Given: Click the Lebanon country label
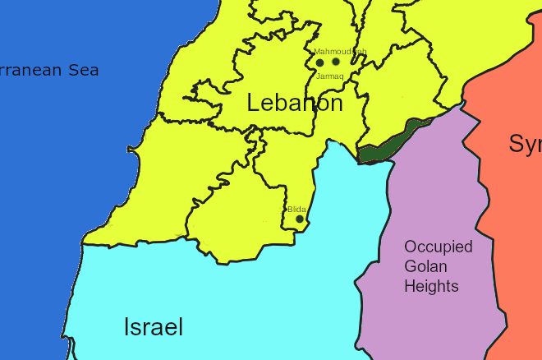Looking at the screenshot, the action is pyautogui.click(x=295, y=104).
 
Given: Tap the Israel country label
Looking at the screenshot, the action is pyautogui.click(x=153, y=327).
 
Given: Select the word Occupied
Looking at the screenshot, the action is pyautogui.click(x=438, y=247).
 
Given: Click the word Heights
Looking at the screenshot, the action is pyautogui.click(x=430, y=286).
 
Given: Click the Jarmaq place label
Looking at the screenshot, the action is pyautogui.click(x=329, y=76).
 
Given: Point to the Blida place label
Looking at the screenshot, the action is pyautogui.click(x=296, y=210).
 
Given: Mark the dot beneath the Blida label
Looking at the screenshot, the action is pyautogui.click(x=300, y=219).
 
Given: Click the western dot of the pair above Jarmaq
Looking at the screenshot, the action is pyautogui.click(x=319, y=62).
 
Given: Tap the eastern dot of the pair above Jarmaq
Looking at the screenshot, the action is pyautogui.click(x=335, y=62).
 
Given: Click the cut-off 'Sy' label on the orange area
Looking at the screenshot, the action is pyautogui.click(x=525, y=144).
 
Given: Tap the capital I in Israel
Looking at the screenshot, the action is pyautogui.click(x=126, y=327).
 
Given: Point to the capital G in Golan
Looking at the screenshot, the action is pyautogui.click(x=410, y=266).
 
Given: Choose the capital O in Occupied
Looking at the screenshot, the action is pyautogui.click(x=410, y=247).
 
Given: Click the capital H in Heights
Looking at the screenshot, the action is pyautogui.click(x=409, y=286).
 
